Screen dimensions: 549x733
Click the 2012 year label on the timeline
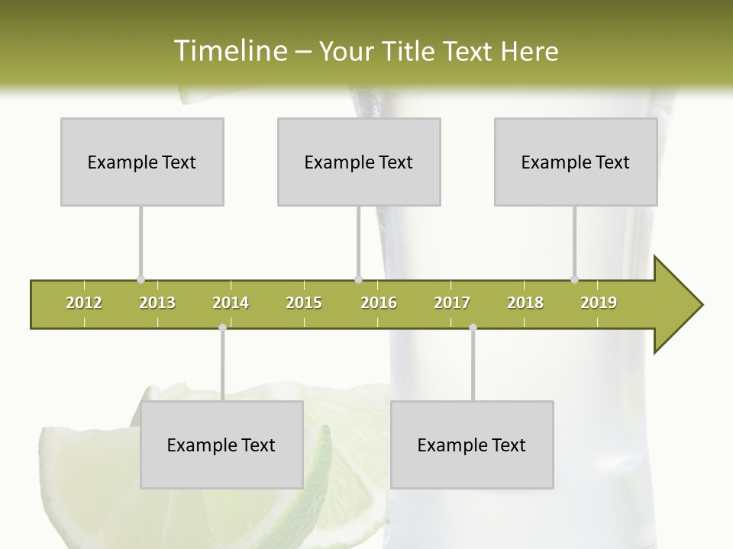pyautogui.click(x=84, y=303)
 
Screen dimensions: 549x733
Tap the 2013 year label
pyautogui.click(x=157, y=303)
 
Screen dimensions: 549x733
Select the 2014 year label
pyautogui.click(x=231, y=303)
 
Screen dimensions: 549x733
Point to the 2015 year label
pyautogui.click(x=304, y=303)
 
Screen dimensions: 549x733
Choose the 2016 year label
pyautogui.click(x=379, y=303)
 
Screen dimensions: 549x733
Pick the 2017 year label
pyautogui.click(x=452, y=303)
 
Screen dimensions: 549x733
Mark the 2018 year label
pyautogui.click(x=525, y=303)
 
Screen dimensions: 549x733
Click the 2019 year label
pyautogui.click(x=599, y=303)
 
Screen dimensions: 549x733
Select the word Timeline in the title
pyautogui.click(x=228, y=51)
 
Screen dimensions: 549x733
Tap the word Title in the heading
pyautogui.click(x=408, y=51)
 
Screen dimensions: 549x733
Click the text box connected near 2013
pyautogui.click(x=142, y=162)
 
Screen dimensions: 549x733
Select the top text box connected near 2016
pyautogui.click(x=359, y=162)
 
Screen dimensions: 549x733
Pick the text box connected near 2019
pyautogui.click(x=576, y=162)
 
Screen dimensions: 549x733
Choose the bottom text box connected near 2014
pyautogui.click(x=221, y=445)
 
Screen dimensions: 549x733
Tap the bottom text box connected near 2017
pyautogui.click(x=472, y=445)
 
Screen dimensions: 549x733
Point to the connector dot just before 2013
pyautogui.click(x=140, y=280)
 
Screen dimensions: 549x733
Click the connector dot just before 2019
pyautogui.click(x=574, y=280)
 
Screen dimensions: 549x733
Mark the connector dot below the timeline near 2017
pyautogui.click(x=473, y=328)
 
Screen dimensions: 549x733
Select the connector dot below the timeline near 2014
pyautogui.click(x=222, y=328)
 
